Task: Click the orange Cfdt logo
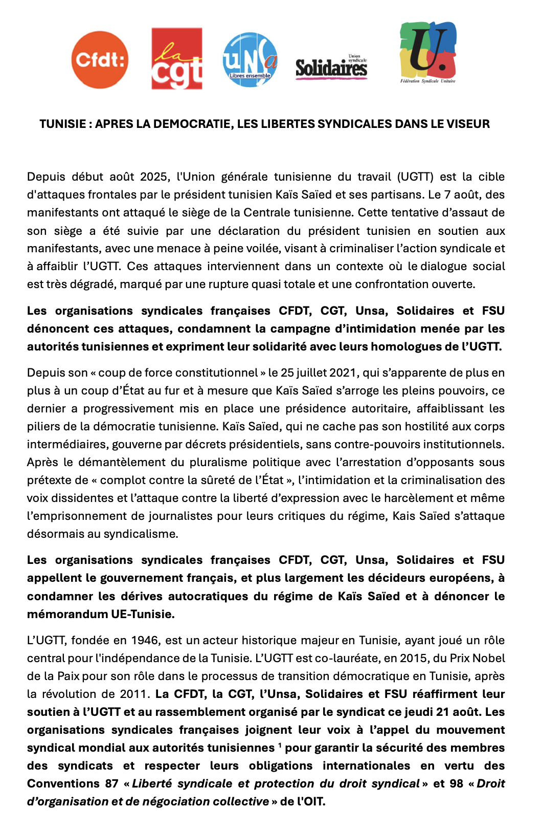pos(100,60)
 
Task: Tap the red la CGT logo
pos(176,59)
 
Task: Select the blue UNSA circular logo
pos(250,60)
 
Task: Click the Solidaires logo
pos(331,67)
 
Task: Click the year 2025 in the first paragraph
pos(154,177)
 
